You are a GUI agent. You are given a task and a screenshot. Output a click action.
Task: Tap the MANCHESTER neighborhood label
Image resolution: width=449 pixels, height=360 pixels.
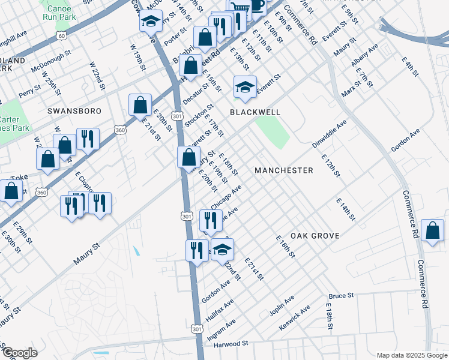point(283,170)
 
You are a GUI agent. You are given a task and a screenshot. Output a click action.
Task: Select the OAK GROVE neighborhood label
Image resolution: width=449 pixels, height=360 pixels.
point(315,236)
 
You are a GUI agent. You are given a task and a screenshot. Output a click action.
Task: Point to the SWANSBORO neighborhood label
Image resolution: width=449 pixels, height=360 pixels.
point(71,112)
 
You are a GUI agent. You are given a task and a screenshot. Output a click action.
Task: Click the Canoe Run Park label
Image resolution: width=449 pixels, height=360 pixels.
point(58,13)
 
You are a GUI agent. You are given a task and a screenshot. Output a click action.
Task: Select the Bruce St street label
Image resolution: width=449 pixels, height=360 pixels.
point(342,296)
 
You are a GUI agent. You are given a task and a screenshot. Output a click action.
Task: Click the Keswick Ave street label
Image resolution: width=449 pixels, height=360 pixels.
point(295,318)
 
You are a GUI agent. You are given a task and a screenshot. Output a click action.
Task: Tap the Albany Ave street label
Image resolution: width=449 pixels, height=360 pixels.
point(365,55)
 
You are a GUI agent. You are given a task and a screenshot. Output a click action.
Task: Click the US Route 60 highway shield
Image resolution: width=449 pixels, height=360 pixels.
point(62,35)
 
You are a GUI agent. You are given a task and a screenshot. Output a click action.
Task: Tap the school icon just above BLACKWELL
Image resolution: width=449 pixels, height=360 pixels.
point(245,88)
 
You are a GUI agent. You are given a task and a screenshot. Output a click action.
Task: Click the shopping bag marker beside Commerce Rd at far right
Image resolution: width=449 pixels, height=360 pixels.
point(432,231)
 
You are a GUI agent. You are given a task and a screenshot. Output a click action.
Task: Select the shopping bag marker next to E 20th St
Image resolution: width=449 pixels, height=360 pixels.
point(140,105)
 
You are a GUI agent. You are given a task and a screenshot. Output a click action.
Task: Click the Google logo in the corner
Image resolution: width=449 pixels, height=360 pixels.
point(20,353)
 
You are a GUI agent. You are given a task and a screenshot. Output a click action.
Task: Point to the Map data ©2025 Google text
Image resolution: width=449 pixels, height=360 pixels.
point(411,355)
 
